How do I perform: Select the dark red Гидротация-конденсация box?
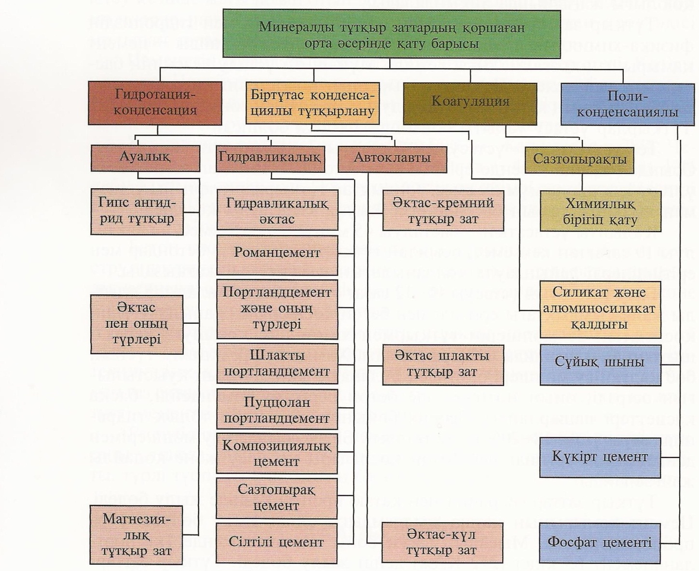coord(155,103)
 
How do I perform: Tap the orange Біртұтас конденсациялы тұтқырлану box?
coord(312,103)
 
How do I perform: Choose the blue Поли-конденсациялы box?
coord(627,104)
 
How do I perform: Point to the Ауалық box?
coord(145,157)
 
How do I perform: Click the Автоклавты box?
coord(392,158)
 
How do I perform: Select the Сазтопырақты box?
coord(580,160)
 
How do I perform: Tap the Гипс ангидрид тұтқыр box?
coord(137,211)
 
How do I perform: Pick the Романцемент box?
coord(277,253)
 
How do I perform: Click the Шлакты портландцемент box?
coord(277,363)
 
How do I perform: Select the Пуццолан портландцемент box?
coord(277,410)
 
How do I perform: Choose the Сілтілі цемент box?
coord(276,543)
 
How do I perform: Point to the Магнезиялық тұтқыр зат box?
coord(137,535)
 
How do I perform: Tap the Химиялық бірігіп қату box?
coord(600,211)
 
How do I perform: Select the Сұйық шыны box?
coord(600,362)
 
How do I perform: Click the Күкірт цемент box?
coord(600,457)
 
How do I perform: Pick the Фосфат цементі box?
coord(600,543)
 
